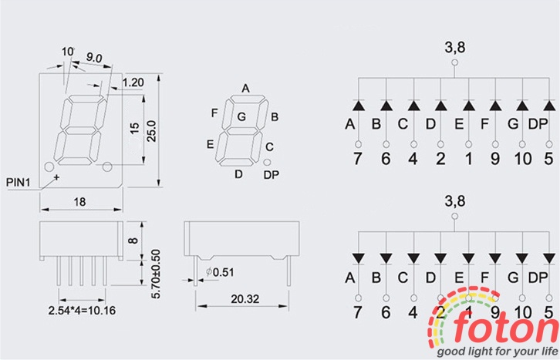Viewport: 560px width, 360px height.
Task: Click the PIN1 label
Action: (x=19, y=183)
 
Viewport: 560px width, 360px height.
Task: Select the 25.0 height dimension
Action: (x=152, y=131)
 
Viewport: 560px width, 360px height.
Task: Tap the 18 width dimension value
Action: (x=79, y=202)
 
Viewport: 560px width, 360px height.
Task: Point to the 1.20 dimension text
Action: (x=133, y=82)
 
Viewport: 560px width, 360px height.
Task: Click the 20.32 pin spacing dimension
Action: (x=245, y=299)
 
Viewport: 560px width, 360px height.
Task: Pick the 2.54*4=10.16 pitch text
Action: (x=82, y=311)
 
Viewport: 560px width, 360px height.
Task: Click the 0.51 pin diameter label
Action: (x=220, y=272)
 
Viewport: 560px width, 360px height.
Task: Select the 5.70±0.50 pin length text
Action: (x=156, y=274)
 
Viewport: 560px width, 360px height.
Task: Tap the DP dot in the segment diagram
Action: (x=267, y=163)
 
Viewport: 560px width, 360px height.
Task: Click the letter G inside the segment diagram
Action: (x=241, y=116)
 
